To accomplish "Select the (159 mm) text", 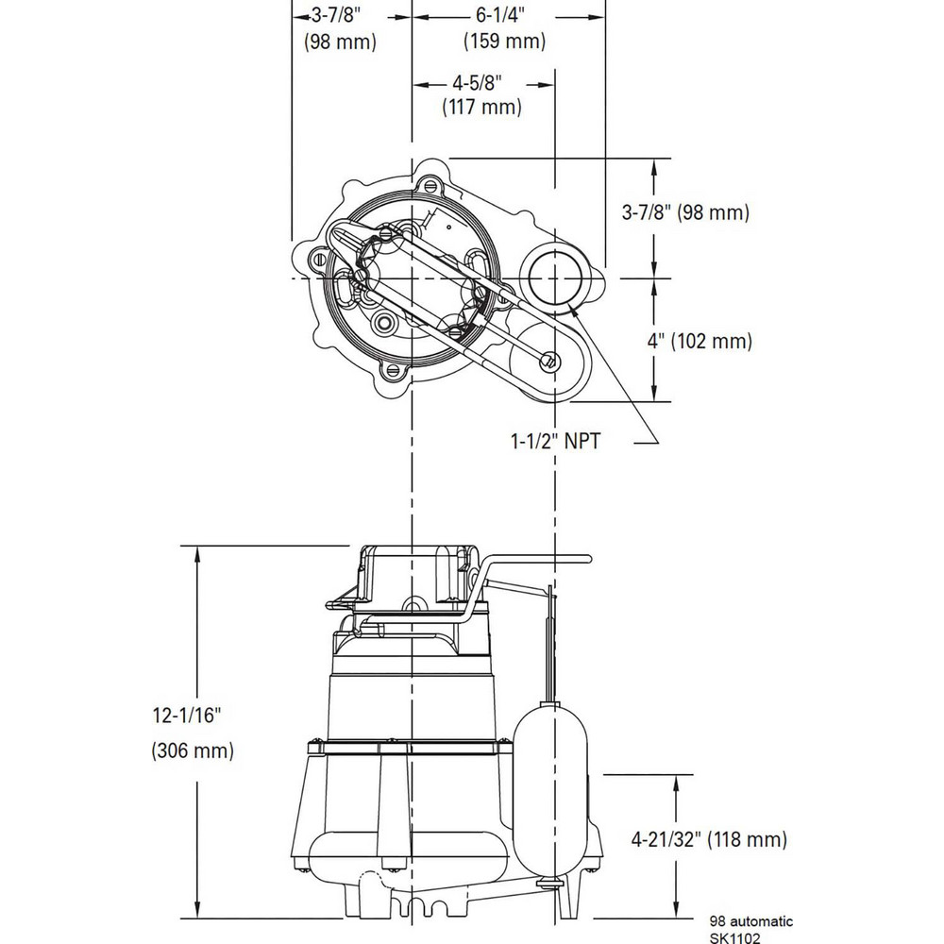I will point(503,42).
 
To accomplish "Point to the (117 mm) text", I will point(481,108).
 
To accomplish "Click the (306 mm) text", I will point(193,751).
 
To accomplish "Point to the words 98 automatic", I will point(751,920).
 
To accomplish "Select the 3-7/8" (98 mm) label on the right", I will point(685,213).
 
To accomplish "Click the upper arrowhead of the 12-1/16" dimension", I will point(196,552).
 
